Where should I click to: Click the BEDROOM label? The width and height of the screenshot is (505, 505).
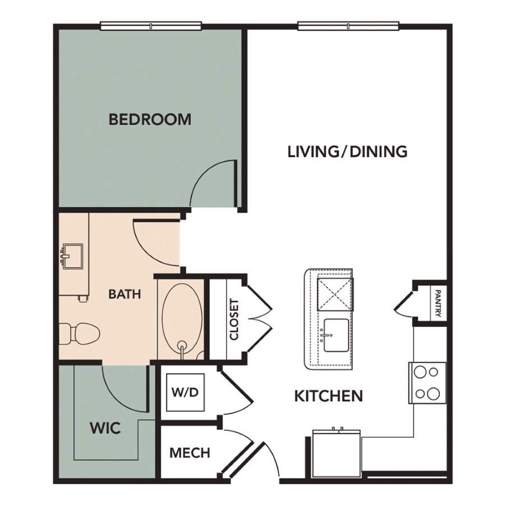pos(150,119)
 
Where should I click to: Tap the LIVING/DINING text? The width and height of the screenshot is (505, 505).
pos(347,151)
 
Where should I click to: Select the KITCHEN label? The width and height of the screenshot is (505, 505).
pos(329,396)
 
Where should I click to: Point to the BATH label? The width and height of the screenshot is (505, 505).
pos(125,294)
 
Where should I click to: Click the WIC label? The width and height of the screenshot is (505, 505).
pos(105,428)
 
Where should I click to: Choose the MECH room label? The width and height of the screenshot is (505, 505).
pos(190,453)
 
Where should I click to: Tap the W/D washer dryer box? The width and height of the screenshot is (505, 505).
pos(185,392)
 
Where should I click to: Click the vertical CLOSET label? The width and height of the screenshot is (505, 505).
pos(234,319)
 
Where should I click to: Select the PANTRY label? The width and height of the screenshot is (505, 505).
pos(438,304)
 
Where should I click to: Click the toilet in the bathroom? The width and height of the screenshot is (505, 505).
pos(79,334)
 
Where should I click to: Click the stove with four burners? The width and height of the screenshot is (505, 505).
pos(428,383)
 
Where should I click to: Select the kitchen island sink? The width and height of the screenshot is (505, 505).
pos(336,336)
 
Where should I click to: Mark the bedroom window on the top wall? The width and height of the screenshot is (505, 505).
pos(151,26)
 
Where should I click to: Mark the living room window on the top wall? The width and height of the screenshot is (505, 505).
pos(348,26)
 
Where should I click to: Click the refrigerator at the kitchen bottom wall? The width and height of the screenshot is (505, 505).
pos(337,454)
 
